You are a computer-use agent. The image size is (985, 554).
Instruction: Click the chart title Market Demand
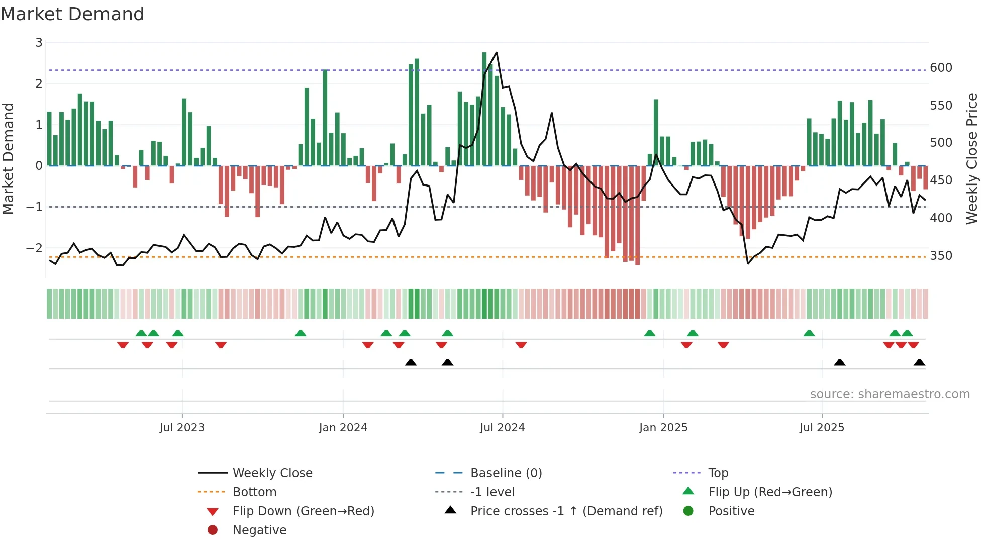(x=72, y=14)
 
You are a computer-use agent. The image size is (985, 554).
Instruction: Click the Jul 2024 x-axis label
(x=502, y=428)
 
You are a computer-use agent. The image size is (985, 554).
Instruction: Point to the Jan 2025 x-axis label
(x=663, y=428)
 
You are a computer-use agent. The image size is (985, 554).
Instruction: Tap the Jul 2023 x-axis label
(x=182, y=428)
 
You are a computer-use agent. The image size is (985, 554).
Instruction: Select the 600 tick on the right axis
(x=941, y=68)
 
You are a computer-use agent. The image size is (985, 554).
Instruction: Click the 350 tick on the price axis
(x=941, y=256)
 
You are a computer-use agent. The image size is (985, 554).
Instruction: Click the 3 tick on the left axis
(x=39, y=43)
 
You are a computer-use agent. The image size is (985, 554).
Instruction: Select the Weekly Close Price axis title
(x=972, y=158)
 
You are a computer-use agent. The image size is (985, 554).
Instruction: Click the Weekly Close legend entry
(x=272, y=473)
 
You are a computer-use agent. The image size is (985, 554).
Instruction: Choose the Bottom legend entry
(x=254, y=492)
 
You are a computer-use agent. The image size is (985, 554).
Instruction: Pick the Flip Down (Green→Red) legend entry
(x=303, y=511)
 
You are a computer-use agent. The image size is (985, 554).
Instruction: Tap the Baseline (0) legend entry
(x=506, y=473)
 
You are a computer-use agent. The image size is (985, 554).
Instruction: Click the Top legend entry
(x=718, y=473)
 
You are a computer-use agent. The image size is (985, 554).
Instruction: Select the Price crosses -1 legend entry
(x=566, y=511)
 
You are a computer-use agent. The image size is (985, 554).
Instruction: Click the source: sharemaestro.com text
(x=890, y=394)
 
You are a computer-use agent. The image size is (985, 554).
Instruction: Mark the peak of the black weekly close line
(x=497, y=52)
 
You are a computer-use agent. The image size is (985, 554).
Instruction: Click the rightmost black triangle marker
(x=919, y=362)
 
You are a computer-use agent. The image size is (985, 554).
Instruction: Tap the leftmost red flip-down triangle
(x=123, y=345)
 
